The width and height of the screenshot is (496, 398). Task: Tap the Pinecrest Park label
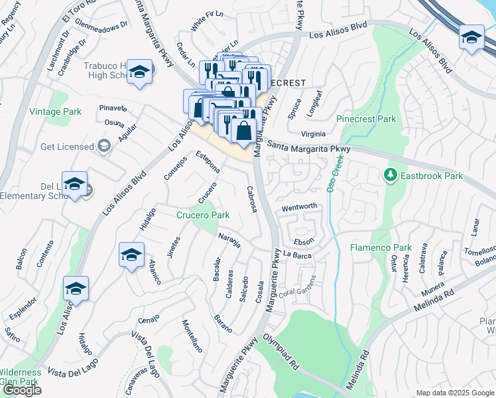tap(366, 119)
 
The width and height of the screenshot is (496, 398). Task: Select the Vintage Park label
tap(55, 112)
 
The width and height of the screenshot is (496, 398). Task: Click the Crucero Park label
tap(202, 215)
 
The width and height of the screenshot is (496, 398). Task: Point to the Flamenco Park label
tap(381, 247)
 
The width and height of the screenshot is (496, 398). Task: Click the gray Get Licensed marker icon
tap(103, 146)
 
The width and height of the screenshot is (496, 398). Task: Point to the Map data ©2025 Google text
tap(454, 393)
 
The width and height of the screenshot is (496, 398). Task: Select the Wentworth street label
tap(299, 207)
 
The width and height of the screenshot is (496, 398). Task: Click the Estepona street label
tap(208, 163)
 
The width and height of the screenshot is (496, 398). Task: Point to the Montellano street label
tap(192, 335)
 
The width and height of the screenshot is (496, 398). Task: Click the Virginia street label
tap(313, 133)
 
